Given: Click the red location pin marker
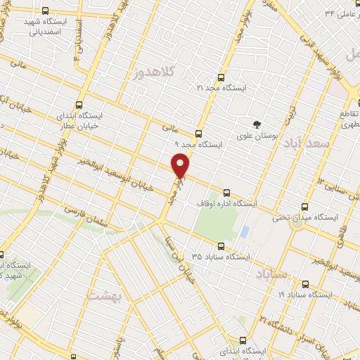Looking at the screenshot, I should [182, 166].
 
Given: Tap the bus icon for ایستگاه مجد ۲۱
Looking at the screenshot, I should [221, 77].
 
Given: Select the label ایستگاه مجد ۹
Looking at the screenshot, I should [201, 143].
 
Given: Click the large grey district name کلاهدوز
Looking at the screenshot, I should [147, 73].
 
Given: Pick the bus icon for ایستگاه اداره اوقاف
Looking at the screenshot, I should [226, 193].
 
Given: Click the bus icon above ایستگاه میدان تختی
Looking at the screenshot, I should [304, 207].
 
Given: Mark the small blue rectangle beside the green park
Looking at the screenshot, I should [244, 231].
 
